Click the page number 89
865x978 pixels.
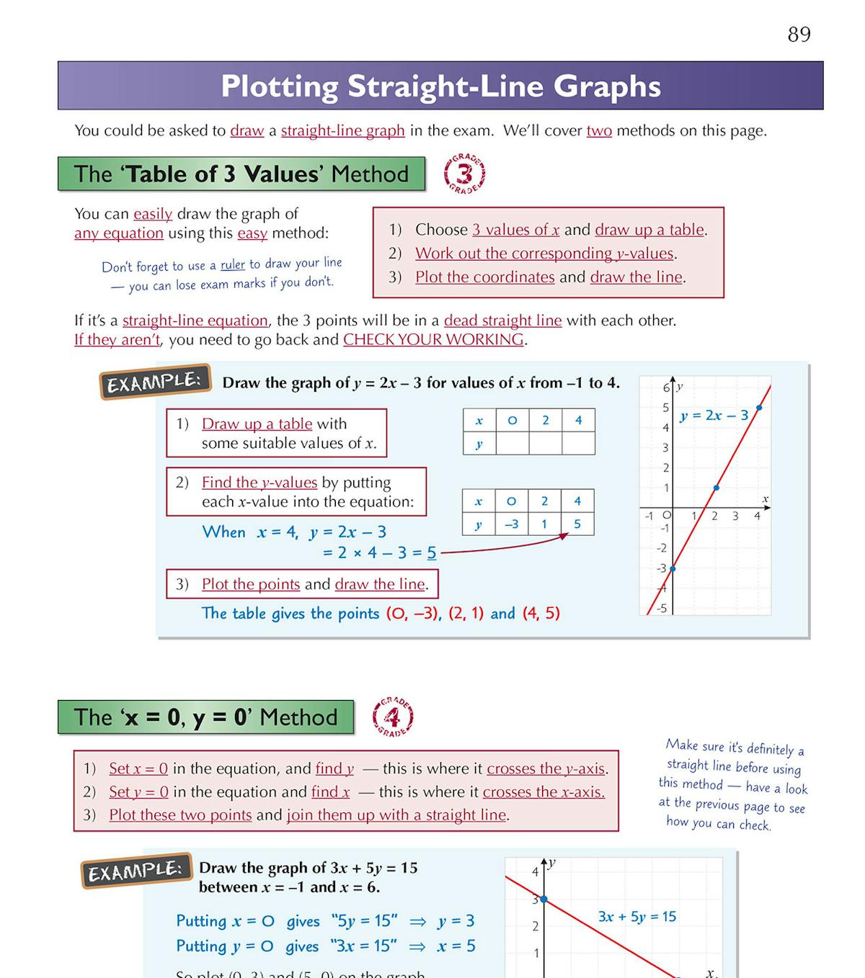point(799,35)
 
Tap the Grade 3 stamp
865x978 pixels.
point(465,174)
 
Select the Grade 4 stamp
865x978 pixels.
point(393,717)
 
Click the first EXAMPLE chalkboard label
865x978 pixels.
point(155,382)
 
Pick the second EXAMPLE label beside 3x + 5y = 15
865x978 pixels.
point(136,871)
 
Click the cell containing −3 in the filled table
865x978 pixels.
point(512,524)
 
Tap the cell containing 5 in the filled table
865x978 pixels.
point(577,524)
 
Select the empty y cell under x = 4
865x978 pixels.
point(578,444)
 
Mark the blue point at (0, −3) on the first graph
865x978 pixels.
point(672,569)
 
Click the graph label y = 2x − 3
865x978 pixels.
point(714,416)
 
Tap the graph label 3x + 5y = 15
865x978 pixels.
point(637,917)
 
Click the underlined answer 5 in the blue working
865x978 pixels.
point(431,553)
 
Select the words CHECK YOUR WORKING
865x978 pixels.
point(433,340)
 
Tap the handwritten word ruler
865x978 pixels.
point(233,265)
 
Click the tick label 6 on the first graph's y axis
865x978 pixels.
point(666,388)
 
